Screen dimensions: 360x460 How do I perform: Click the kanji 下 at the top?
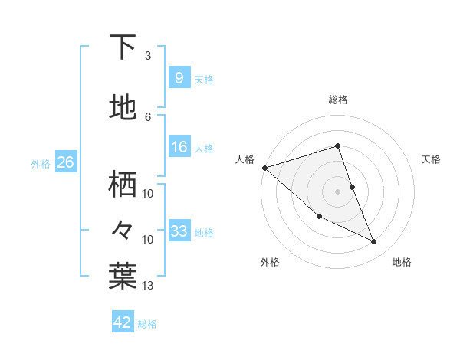pos(123,47)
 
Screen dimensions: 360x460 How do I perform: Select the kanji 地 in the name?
pos(123,108)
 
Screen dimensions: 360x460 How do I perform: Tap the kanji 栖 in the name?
pos(123,185)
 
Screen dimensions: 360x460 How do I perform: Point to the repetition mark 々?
pos(123,229)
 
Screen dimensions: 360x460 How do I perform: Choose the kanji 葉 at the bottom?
pos(123,277)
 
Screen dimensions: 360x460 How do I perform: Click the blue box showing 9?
pos(179,78)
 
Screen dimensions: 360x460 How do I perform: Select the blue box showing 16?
pos(179,147)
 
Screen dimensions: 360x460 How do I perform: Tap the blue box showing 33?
pos(179,231)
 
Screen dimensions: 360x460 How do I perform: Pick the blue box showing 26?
pos(65,162)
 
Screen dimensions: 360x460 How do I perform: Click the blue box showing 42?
pos(123,322)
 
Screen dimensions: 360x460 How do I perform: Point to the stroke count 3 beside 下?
pos(147,56)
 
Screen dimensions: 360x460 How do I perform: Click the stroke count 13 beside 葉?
pos(148,286)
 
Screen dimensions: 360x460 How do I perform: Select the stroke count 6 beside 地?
pos(147,116)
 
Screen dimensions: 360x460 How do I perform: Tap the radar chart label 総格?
pos(338,100)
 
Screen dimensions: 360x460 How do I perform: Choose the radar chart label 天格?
pos(432,159)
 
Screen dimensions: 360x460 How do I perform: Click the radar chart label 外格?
pos(270,262)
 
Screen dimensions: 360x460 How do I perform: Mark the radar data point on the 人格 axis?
pos(264,168)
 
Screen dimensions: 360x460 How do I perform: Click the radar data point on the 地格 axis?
pos(374,242)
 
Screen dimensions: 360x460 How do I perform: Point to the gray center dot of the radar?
pos(338,191)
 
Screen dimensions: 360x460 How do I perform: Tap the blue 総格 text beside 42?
pos(147,324)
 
